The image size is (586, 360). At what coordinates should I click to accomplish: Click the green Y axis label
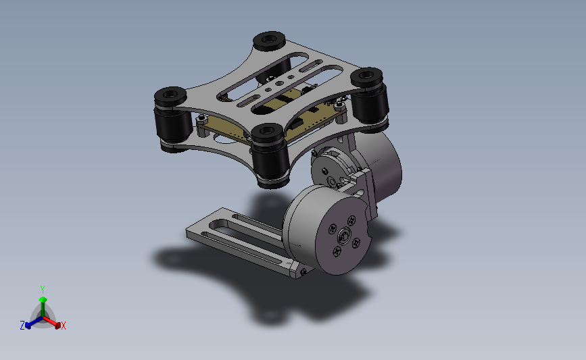point(43,290)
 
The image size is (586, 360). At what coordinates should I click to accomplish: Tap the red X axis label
point(64,326)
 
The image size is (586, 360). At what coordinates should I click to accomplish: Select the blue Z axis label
point(22,326)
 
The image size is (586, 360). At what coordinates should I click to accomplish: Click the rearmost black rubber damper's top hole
point(269,38)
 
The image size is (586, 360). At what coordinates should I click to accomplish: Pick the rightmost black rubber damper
point(369,99)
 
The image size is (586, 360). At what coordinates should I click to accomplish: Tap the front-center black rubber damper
point(270,155)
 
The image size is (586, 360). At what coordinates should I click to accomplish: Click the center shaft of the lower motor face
point(344,236)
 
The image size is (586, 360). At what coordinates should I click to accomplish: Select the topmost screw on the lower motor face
point(351,220)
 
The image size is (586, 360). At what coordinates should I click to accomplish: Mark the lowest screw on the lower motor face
point(337,252)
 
